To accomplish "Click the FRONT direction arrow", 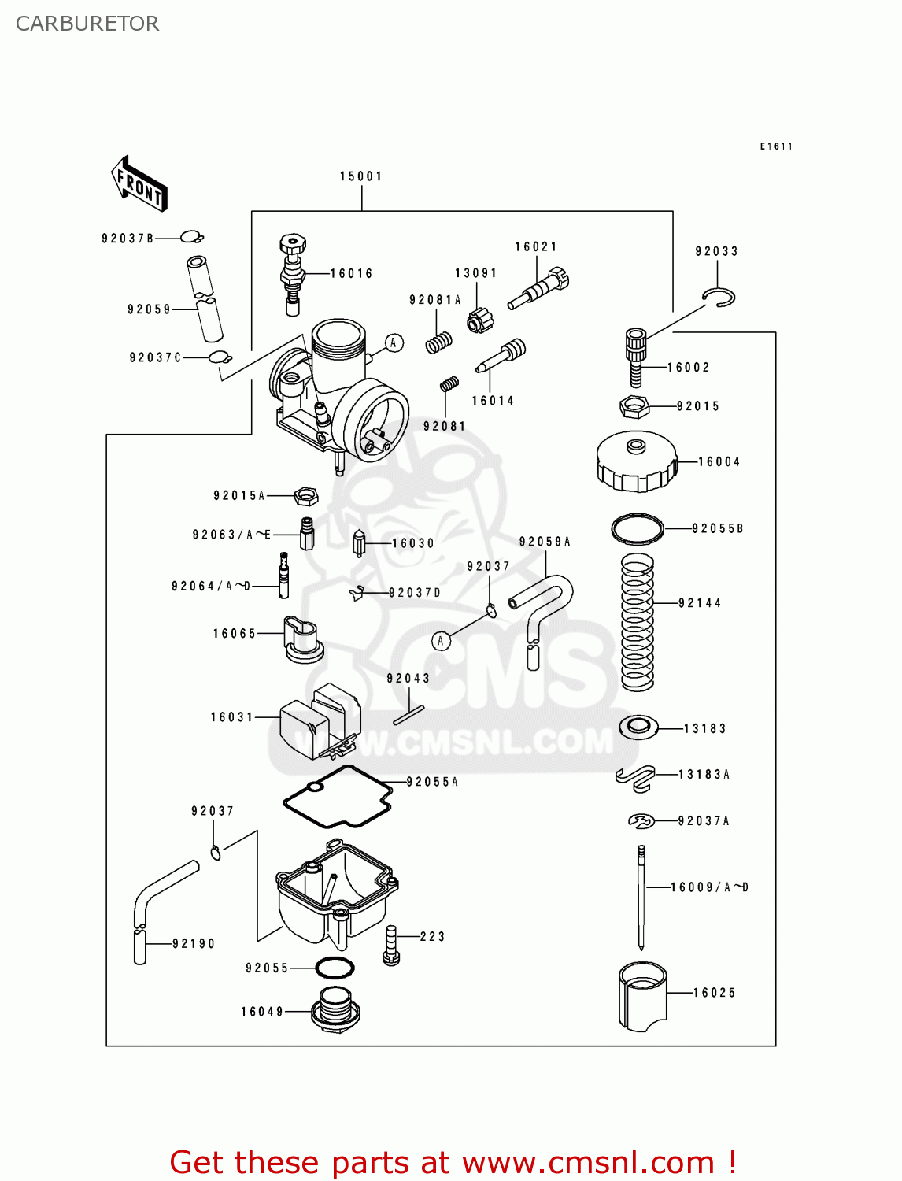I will click(139, 184).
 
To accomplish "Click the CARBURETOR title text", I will click(87, 24).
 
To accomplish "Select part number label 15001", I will click(361, 176).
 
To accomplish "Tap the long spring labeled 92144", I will click(638, 622).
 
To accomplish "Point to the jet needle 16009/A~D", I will click(641, 898).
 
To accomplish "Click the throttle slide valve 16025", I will click(642, 996).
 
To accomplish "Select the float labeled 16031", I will click(319, 720).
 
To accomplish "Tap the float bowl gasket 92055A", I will click(338, 797).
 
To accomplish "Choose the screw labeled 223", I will click(390, 945).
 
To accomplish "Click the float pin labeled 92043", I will click(408, 715).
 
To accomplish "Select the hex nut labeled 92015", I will click(634, 407).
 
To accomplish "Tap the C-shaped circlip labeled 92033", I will click(719, 297).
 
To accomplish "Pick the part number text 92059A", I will click(545, 542).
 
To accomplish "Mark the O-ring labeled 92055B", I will click(638, 528).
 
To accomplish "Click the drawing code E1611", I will click(776, 146).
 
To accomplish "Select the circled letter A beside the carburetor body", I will click(394, 342).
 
